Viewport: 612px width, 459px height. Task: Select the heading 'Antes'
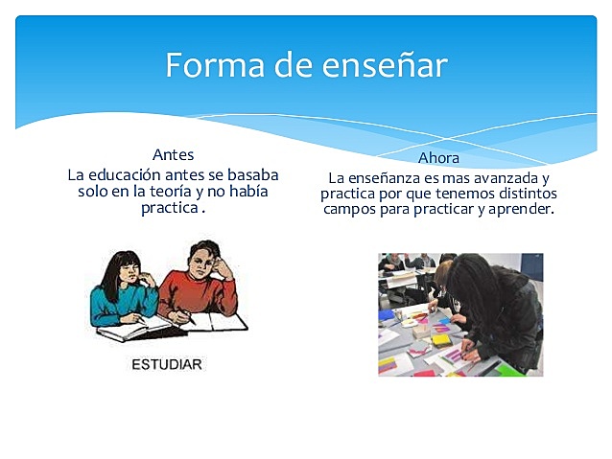pyautogui.click(x=173, y=154)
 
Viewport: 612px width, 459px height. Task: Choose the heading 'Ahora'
pyautogui.click(x=439, y=157)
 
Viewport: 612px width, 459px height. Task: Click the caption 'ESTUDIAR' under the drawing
pyautogui.click(x=166, y=365)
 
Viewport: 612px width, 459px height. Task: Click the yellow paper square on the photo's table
pyautogui.click(x=440, y=339)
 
